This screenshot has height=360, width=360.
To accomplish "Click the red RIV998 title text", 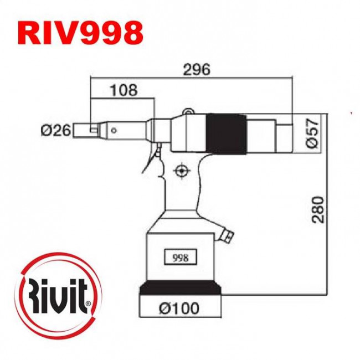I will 80,33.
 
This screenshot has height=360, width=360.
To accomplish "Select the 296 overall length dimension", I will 197,70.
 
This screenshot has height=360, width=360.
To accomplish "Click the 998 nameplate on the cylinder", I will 181,258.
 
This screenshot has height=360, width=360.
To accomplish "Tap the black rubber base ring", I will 181,289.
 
